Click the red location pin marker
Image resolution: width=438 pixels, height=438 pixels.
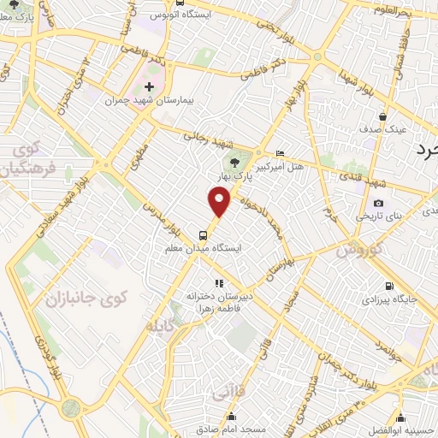pyautogui.click(x=220, y=202)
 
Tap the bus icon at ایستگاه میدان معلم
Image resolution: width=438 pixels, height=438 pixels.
pyautogui.click(x=203, y=234)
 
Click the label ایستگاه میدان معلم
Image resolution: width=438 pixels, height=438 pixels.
pyautogui.click(x=203, y=248)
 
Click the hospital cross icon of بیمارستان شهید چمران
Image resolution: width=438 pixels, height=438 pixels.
pyautogui.click(x=150, y=87)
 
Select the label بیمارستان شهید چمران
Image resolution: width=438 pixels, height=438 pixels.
pyautogui.click(x=151, y=101)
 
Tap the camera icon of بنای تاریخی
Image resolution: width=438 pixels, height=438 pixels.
pyautogui.click(x=379, y=203)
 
